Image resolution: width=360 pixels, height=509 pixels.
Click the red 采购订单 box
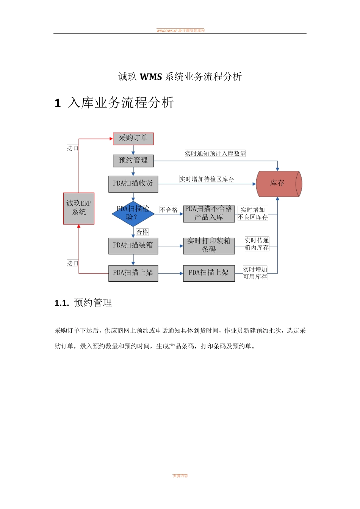coord(133,139)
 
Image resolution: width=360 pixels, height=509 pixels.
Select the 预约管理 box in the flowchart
coord(133,161)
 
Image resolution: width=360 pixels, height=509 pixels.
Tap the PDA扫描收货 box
coord(133,184)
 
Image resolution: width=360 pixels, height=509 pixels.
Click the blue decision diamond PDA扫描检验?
coord(133,214)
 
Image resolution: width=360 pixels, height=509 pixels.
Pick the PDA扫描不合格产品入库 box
coord(209,214)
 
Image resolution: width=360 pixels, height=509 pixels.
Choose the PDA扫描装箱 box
coord(133,245)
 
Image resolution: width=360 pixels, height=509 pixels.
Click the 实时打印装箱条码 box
coord(209,245)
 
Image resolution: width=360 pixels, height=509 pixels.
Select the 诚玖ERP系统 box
coord(79,208)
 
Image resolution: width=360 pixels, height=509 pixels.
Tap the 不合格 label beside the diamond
coord(169,210)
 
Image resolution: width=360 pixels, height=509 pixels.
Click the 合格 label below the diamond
coord(142,232)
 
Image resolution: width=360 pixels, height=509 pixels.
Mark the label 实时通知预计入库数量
coord(215,153)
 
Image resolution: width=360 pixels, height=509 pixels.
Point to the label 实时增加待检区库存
coord(207,179)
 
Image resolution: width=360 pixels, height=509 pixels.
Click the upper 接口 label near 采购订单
coord(72,148)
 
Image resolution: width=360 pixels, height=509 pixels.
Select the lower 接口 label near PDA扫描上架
coord(72,263)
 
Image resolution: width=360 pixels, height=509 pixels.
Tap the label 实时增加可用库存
coord(255,273)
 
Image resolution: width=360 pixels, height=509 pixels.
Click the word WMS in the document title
coord(151,77)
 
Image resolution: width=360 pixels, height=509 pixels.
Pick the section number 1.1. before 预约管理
coord(62,303)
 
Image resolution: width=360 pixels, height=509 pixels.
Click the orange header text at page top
coord(180,31)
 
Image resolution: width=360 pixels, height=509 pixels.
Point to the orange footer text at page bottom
coord(180,476)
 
